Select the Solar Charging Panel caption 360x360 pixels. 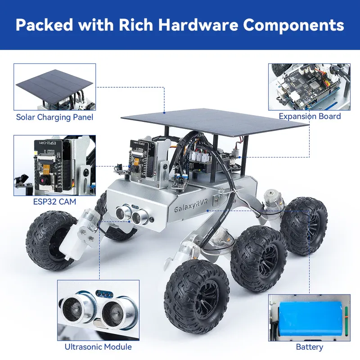[54, 117]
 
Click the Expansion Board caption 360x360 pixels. [310, 116]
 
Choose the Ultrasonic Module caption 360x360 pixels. [98, 346]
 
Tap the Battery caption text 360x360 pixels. [309, 347]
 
